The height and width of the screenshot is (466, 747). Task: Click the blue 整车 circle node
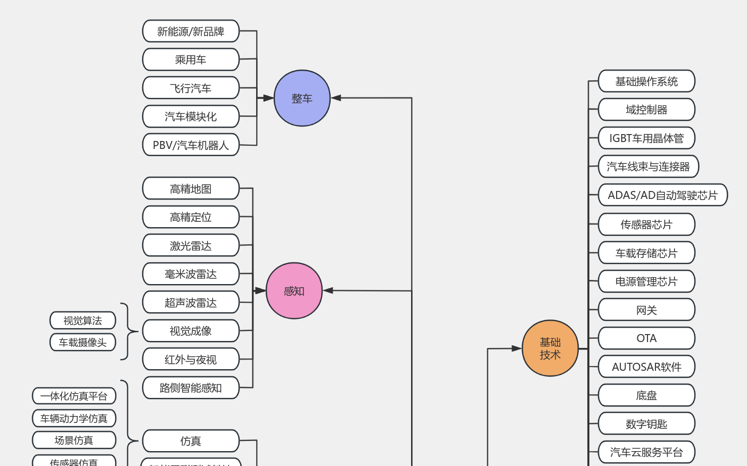[302, 98]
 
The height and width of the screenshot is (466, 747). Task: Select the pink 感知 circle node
[294, 291]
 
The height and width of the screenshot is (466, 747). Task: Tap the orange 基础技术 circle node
[550, 348]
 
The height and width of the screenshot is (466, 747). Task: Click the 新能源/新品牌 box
[191, 31]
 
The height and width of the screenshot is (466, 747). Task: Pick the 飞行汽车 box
[191, 88]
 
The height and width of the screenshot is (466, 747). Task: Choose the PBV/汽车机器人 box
[191, 145]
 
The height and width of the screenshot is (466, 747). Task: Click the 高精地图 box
[191, 189]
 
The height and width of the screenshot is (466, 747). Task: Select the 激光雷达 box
[191, 246]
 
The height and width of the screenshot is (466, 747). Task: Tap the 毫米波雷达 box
[191, 274]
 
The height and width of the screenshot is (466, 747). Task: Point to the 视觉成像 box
[191, 331]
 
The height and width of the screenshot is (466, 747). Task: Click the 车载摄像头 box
[83, 343]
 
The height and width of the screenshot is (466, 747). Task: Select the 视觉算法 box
[83, 321]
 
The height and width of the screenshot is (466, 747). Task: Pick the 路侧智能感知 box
[191, 388]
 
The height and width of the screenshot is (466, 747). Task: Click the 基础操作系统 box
[646, 81]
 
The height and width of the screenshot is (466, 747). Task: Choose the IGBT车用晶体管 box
[646, 138]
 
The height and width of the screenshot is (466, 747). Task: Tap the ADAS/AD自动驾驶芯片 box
[662, 195]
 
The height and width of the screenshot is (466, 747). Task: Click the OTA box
[646, 338]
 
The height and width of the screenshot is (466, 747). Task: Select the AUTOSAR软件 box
[646, 367]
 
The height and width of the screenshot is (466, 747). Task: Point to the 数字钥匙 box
[646, 424]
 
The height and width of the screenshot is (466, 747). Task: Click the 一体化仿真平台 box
[74, 396]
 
